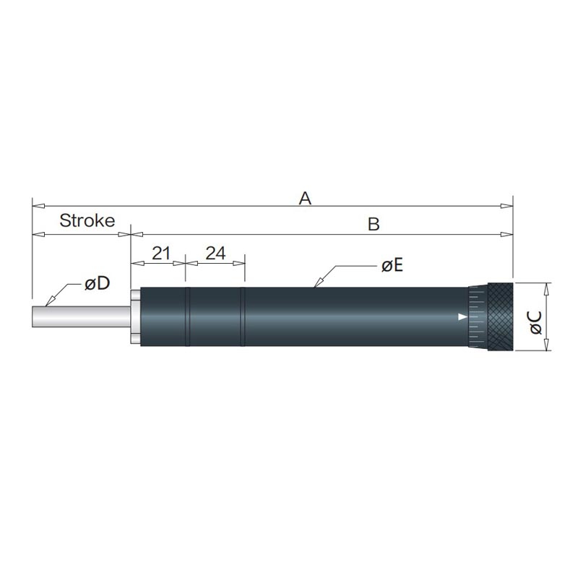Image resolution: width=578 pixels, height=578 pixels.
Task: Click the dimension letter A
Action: coord(305,198)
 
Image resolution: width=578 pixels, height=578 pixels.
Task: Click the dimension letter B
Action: coord(374,224)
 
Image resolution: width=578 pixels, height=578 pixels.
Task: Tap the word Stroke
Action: coord(87,220)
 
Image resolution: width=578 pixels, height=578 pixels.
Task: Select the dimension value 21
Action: coord(161,254)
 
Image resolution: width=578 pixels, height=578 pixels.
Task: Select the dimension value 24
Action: coord(215,254)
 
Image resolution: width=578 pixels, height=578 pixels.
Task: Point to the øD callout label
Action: coord(97,283)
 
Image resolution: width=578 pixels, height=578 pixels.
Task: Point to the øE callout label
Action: coord(392,265)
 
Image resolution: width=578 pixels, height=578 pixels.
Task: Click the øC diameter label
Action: coord(536,322)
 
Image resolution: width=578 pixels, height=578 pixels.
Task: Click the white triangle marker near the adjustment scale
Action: coord(462,316)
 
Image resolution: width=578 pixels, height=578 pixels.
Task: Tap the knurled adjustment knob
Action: coord(500,316)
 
